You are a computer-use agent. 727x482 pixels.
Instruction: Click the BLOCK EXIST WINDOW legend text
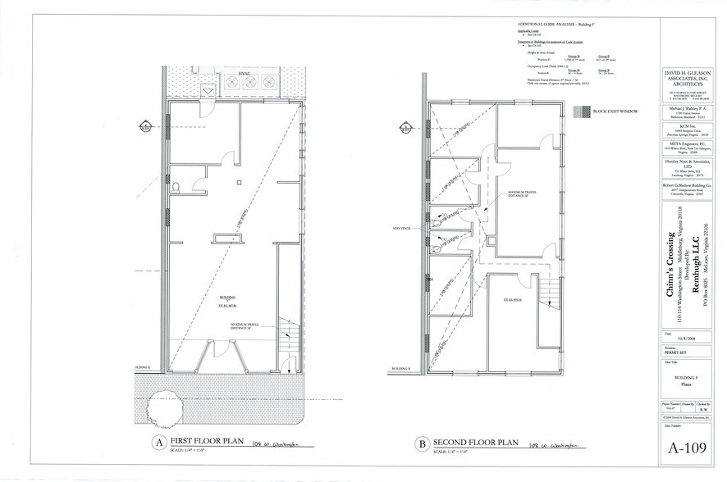click(617, 109)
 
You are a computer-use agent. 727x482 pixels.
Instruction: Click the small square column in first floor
click(237, 182)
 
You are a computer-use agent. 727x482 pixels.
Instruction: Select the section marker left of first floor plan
click(146, 126)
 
